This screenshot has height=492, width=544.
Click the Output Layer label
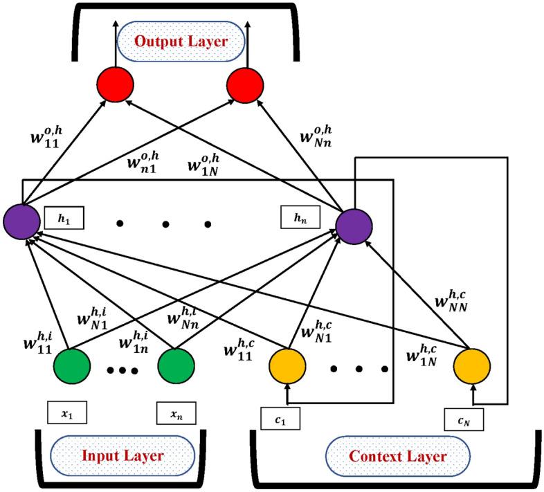(181, 42)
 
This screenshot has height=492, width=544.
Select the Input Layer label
(123, 455)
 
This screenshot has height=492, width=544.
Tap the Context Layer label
(397, 456)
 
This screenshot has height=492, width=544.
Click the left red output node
(115, 84)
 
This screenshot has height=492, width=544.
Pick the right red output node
(245, 84)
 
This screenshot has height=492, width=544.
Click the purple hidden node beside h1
(22, 221)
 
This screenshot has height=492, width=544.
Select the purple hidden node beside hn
(354, 226)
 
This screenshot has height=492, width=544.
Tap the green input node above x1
(72, 366)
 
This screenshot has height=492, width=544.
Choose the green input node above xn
(176, 366)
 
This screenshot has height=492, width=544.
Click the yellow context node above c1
(288, 366)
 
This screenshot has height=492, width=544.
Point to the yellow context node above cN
(472, 366)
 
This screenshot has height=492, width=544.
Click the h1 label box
(64, 218)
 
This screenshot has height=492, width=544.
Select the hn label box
(300, 217)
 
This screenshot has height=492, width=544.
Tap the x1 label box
(67, 412)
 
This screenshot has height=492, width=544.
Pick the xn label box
(176, 413)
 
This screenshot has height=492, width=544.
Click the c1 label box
(280, 419)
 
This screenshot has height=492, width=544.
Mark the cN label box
(464, 419)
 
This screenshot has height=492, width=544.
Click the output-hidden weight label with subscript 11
(46, 138)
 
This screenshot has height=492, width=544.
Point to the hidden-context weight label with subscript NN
(451, 301)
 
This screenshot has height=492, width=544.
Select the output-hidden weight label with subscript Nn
(316, 136)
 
